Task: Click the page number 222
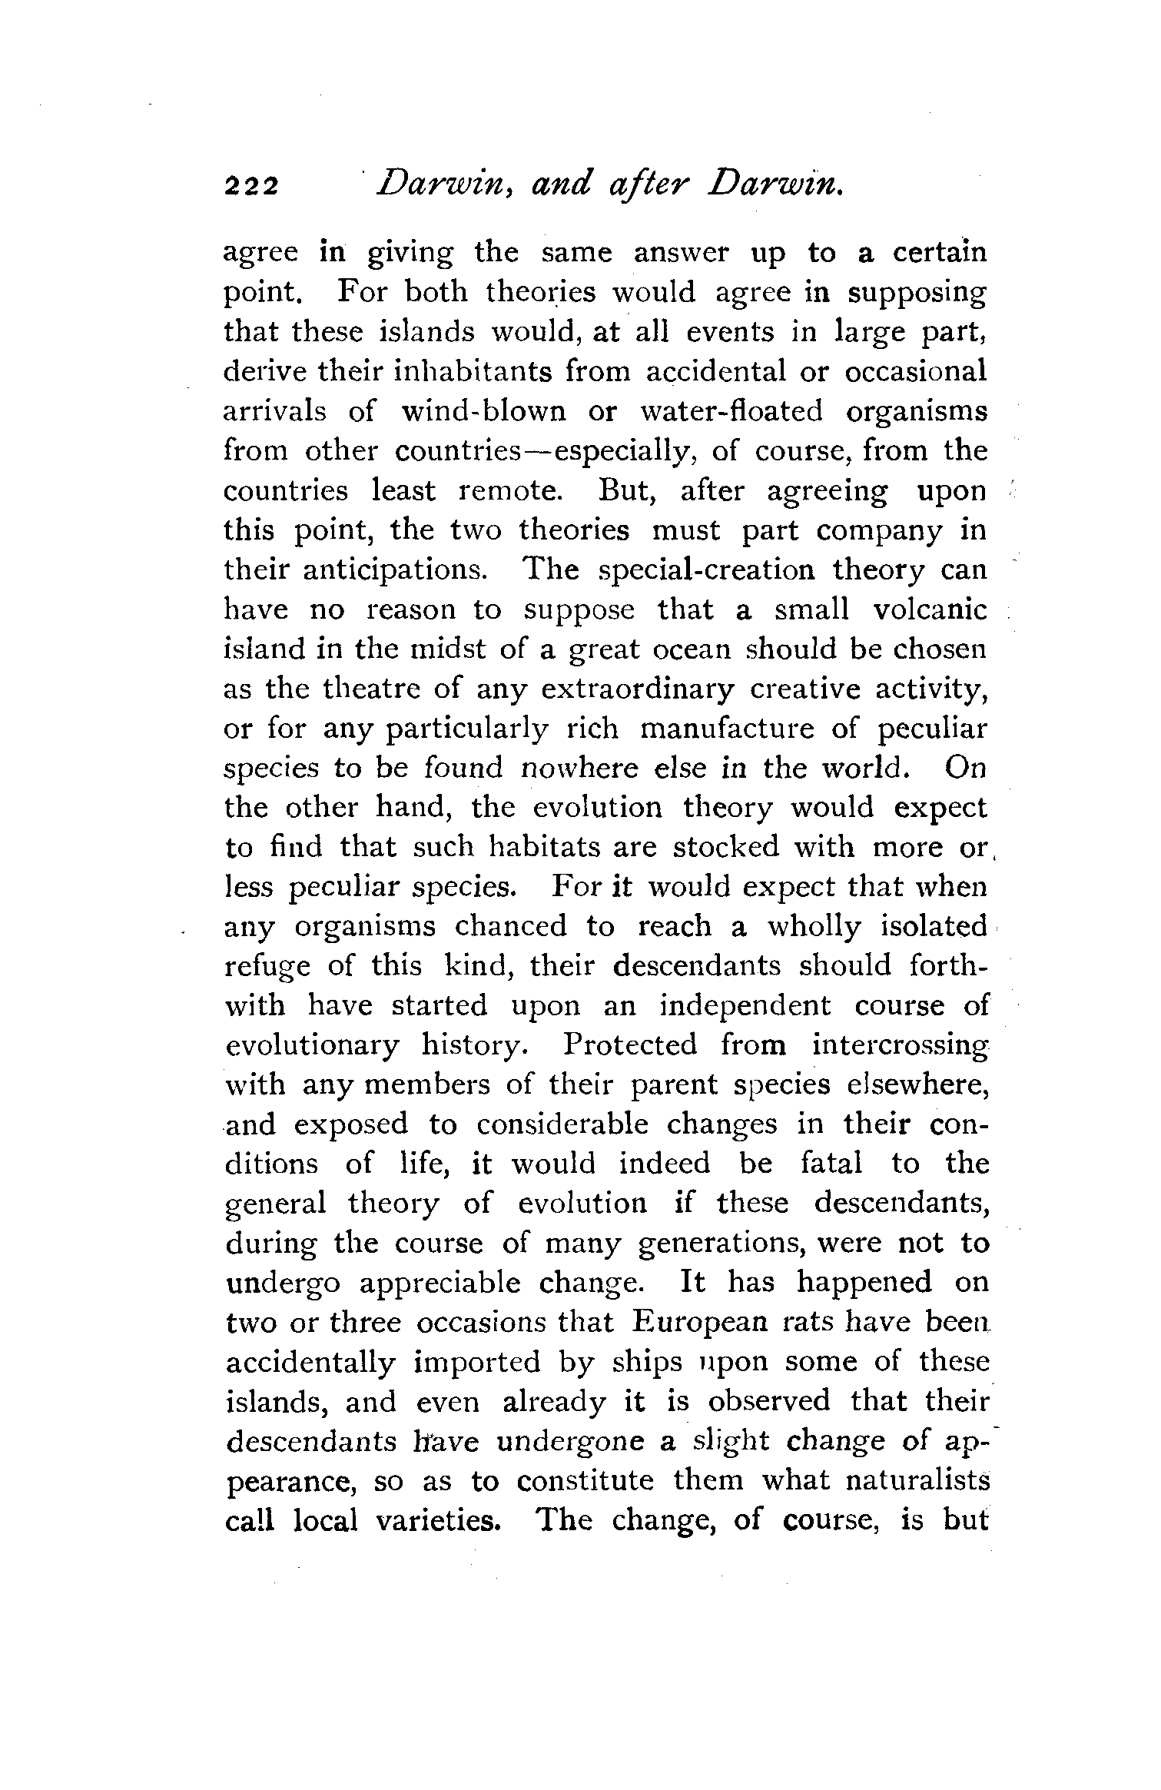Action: [x=250, y=188]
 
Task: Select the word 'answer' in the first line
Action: [x=680, y=253]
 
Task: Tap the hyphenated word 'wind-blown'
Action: [x=483, y=411]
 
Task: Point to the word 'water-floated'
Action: [x=731, y=411]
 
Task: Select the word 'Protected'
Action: [x=630, y=1045]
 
